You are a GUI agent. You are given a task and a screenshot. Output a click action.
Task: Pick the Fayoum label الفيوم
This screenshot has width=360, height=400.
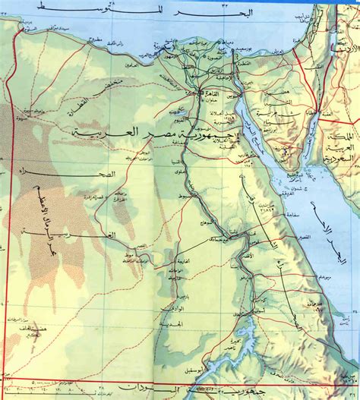178,121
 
